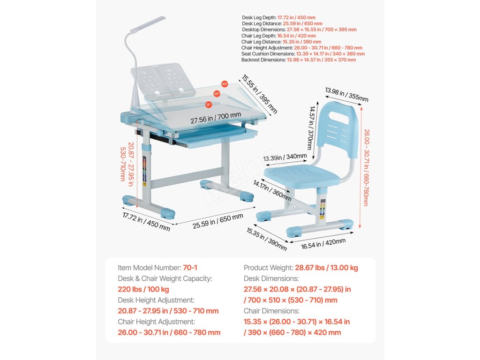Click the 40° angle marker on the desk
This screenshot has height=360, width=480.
click(x=225, y=84)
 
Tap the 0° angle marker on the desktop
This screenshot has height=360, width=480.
click(x=209, y=105)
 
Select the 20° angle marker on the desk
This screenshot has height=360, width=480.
click(x=217, y=94)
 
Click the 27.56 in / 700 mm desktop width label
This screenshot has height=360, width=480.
click(x=216, y=118)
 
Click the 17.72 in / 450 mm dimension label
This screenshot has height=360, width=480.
click(x=146, y=222)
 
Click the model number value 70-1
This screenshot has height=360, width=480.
click(x=190, y=268)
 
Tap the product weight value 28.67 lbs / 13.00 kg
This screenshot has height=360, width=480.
click(x=326, y=268)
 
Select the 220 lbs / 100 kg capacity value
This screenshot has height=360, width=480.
click(x=143, y=289)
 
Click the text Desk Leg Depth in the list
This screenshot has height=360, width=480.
click(x=257, y=17)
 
